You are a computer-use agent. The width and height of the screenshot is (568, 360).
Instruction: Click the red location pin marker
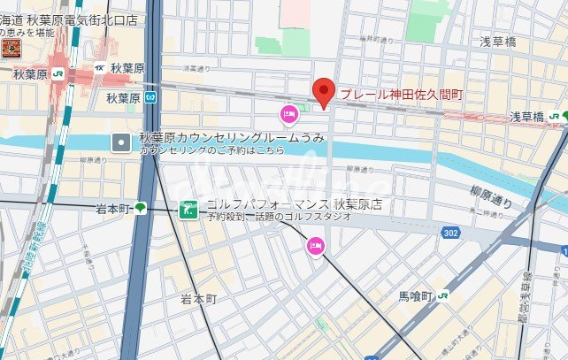click(x=324, y=91)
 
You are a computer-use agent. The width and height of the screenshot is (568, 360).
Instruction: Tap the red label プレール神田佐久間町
click(x=403, y=94)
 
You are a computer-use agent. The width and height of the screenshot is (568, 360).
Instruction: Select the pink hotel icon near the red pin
click(x=288, y=113)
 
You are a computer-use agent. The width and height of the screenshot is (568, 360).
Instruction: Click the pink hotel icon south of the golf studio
click(x=315, y=245)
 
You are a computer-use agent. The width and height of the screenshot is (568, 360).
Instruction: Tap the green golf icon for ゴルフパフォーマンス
click(x=188, y=210)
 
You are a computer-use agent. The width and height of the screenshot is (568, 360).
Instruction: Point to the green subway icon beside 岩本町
click(x=141, y=209)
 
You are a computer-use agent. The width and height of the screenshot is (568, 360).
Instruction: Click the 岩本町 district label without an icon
click(x=198, y=299)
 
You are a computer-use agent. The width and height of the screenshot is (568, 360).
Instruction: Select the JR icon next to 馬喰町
click(x=441, y=297)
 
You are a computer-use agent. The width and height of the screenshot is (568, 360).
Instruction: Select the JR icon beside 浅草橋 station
click(x=553, y=116)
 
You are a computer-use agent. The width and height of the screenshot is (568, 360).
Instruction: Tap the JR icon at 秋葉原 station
click(x=57, y=74)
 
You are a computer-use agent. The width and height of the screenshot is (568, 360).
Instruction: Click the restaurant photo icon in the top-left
click(x=11, y=48)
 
